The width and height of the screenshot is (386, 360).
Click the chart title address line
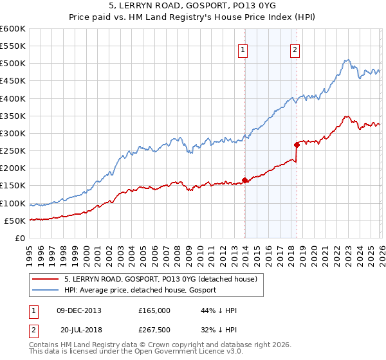pos(193,6)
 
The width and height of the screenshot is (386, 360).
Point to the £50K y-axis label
pos(14,221)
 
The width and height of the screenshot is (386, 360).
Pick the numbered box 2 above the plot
pos(295,51)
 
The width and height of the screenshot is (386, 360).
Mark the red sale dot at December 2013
pos(244,180)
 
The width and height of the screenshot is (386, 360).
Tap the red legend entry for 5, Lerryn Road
pos(161,279)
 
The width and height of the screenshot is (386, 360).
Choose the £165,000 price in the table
pos(154,310)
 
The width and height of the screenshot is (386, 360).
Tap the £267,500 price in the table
pos(154,328)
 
